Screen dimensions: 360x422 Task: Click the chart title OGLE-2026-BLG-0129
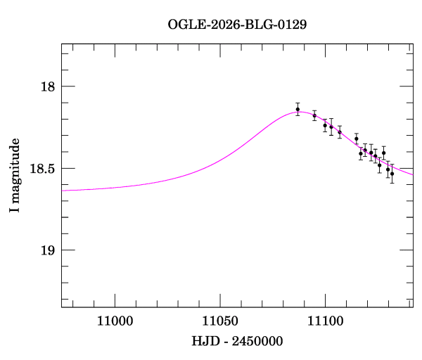pos(237,24)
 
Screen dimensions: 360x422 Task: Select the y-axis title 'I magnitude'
pos(14,175)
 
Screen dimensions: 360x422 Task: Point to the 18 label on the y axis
pos(48,87)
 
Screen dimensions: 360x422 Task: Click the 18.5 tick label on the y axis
pos(43,169)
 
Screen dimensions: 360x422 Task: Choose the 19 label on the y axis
pos(48,250)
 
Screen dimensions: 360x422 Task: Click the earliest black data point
pos(298,109)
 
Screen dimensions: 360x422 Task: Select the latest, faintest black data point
pos(392,173)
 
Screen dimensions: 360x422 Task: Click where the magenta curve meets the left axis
pos(62,190)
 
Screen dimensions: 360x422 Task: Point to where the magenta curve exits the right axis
pos(413,174)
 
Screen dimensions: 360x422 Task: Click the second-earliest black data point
pos(314,115)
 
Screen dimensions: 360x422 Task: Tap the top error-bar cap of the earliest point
pos(298,103)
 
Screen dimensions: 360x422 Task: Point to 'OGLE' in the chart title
pos(184,24)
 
